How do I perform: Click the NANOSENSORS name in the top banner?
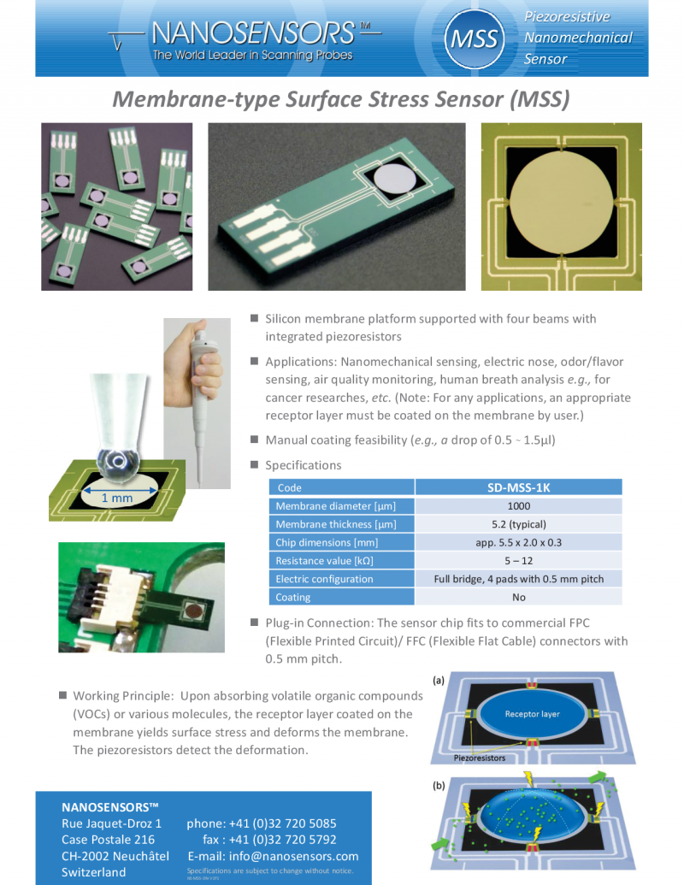pyautogui.click(x=251, y=32)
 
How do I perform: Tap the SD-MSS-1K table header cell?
pyautogui.click(x=518, y=487)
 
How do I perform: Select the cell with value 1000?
pyautogui.click(x=518, y=506)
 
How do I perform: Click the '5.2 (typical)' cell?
pyautogui.click(x=518, y=524)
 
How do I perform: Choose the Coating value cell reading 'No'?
pyautogui.click(x=518, y=597)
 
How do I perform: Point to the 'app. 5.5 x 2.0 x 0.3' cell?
pyautogui.click(x=518, y=542)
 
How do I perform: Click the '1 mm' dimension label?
pyautogui.click(x=116, y=498)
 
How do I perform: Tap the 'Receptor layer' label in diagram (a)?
pyautogui.click(x=532, y=714)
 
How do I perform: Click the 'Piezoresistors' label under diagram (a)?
pyautogui.click(x=479, y=758)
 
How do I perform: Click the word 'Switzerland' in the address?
pyautogui.click(x=93, y=872)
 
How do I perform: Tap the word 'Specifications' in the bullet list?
pyautogui.click(x=303, y=465)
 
